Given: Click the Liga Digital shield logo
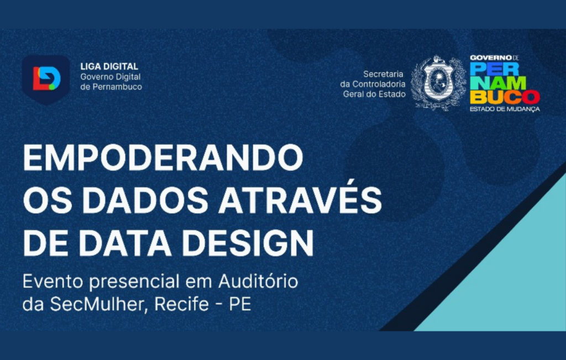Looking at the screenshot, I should point(46,79).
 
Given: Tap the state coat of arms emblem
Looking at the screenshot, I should point(438,83).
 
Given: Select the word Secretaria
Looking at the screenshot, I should point(384,74).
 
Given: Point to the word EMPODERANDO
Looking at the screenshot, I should point(163,159).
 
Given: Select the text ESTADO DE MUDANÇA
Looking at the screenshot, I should point(504,109).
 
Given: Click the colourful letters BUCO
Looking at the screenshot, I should point(504,97).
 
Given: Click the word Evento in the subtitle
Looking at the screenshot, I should point(50,281).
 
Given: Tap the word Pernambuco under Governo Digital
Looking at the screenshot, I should point(117,87).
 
